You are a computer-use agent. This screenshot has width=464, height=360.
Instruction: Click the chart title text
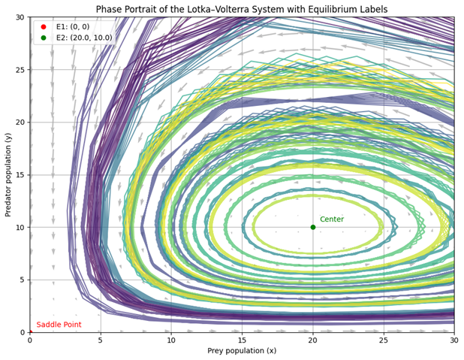tap(241, 9)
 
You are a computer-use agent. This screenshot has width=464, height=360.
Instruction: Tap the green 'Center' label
tap(332, 219)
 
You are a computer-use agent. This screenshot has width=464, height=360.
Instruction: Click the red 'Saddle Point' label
tap(59, 325)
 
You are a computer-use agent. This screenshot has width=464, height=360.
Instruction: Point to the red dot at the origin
tap(30, 332)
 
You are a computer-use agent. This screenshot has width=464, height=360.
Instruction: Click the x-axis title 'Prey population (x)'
tap(241, 351)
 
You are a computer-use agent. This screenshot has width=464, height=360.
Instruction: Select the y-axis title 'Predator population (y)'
tap(8, 174)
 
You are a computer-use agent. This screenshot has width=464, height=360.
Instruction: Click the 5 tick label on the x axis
tap(101, 340)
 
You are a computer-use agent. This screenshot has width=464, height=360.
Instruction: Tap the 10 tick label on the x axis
tap(171, 340)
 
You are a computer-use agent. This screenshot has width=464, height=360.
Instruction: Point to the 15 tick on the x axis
tap(242, 340)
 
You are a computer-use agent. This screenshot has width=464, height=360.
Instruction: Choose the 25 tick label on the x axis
tap(383, 340)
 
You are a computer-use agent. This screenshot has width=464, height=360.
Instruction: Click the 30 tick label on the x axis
tap(453, 340)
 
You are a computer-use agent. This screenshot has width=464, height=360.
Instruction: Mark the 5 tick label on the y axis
tap(22, 280)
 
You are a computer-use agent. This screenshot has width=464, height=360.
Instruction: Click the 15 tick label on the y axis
tap(20, 174)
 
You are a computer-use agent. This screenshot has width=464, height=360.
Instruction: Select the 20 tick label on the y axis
tap(20, 122)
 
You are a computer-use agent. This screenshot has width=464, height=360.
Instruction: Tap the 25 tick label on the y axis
tap(20, 70)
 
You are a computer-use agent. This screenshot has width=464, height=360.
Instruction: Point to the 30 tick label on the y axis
tap(20, 17)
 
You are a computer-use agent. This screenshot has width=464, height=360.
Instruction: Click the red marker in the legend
tap(44, 26)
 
